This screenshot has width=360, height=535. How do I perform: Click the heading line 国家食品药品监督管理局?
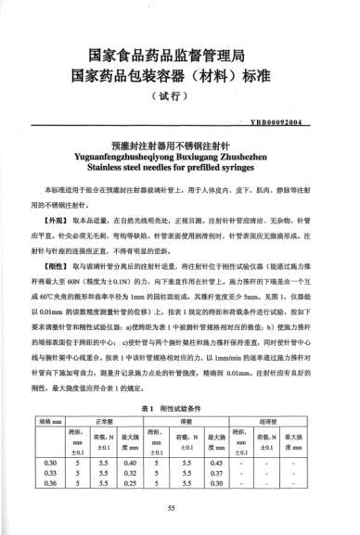[x=180, y=56]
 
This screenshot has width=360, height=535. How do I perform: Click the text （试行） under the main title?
[x=180, y=97]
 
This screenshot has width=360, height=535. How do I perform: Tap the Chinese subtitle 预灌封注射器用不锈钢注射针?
[x=180, y=146]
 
